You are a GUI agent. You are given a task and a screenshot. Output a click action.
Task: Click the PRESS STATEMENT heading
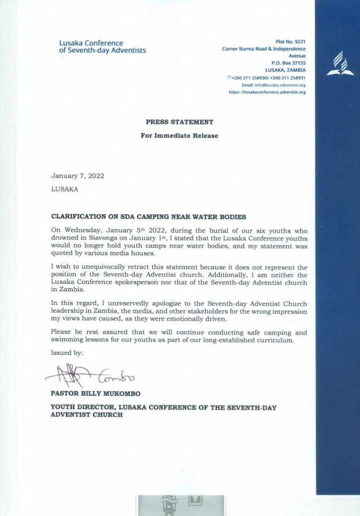coord(179,122)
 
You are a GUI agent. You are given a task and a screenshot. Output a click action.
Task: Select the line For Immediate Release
coord(179,136)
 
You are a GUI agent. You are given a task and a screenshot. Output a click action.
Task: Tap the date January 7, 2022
coord(78,176)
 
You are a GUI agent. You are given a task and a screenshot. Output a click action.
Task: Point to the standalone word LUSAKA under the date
coord(65,190)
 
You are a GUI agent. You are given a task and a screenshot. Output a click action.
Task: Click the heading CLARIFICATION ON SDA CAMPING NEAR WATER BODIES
coord(149,217)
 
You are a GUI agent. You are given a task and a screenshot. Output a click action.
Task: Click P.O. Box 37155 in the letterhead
coord(285,63)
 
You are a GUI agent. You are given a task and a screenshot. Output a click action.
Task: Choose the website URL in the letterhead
coord(267,92)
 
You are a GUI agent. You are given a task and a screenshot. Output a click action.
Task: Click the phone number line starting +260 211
coord(267,78)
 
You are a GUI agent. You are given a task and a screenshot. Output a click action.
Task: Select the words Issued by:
coord(67,353)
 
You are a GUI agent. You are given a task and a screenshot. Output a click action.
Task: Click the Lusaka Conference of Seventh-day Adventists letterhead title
coord(102,47)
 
